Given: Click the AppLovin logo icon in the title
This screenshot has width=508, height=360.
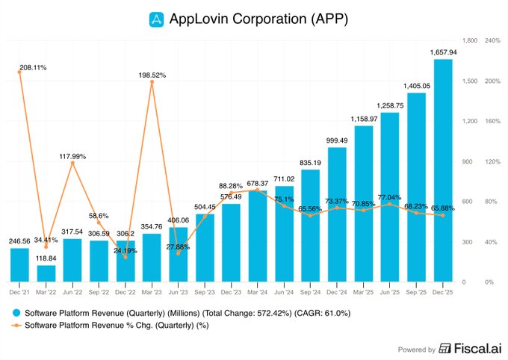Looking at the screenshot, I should [x=155, y=18].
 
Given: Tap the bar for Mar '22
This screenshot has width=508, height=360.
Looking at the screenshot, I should [x=46, y=273].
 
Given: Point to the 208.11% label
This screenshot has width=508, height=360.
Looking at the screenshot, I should [x=33, y=67].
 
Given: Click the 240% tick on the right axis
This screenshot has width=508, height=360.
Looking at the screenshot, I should [x=492, y=40].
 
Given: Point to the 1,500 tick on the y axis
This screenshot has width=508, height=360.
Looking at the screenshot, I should [x=469, y=81].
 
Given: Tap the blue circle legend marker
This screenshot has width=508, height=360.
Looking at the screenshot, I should [x=16, y=313].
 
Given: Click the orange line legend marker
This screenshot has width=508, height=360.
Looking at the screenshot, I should [x=16, y=326].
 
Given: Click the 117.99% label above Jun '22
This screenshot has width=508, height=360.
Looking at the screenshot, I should [x=73, y=156].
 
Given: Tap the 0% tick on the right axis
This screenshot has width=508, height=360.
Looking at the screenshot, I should [x=489, y=282].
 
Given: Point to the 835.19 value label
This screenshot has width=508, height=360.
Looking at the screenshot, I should [x=311, y=163].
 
